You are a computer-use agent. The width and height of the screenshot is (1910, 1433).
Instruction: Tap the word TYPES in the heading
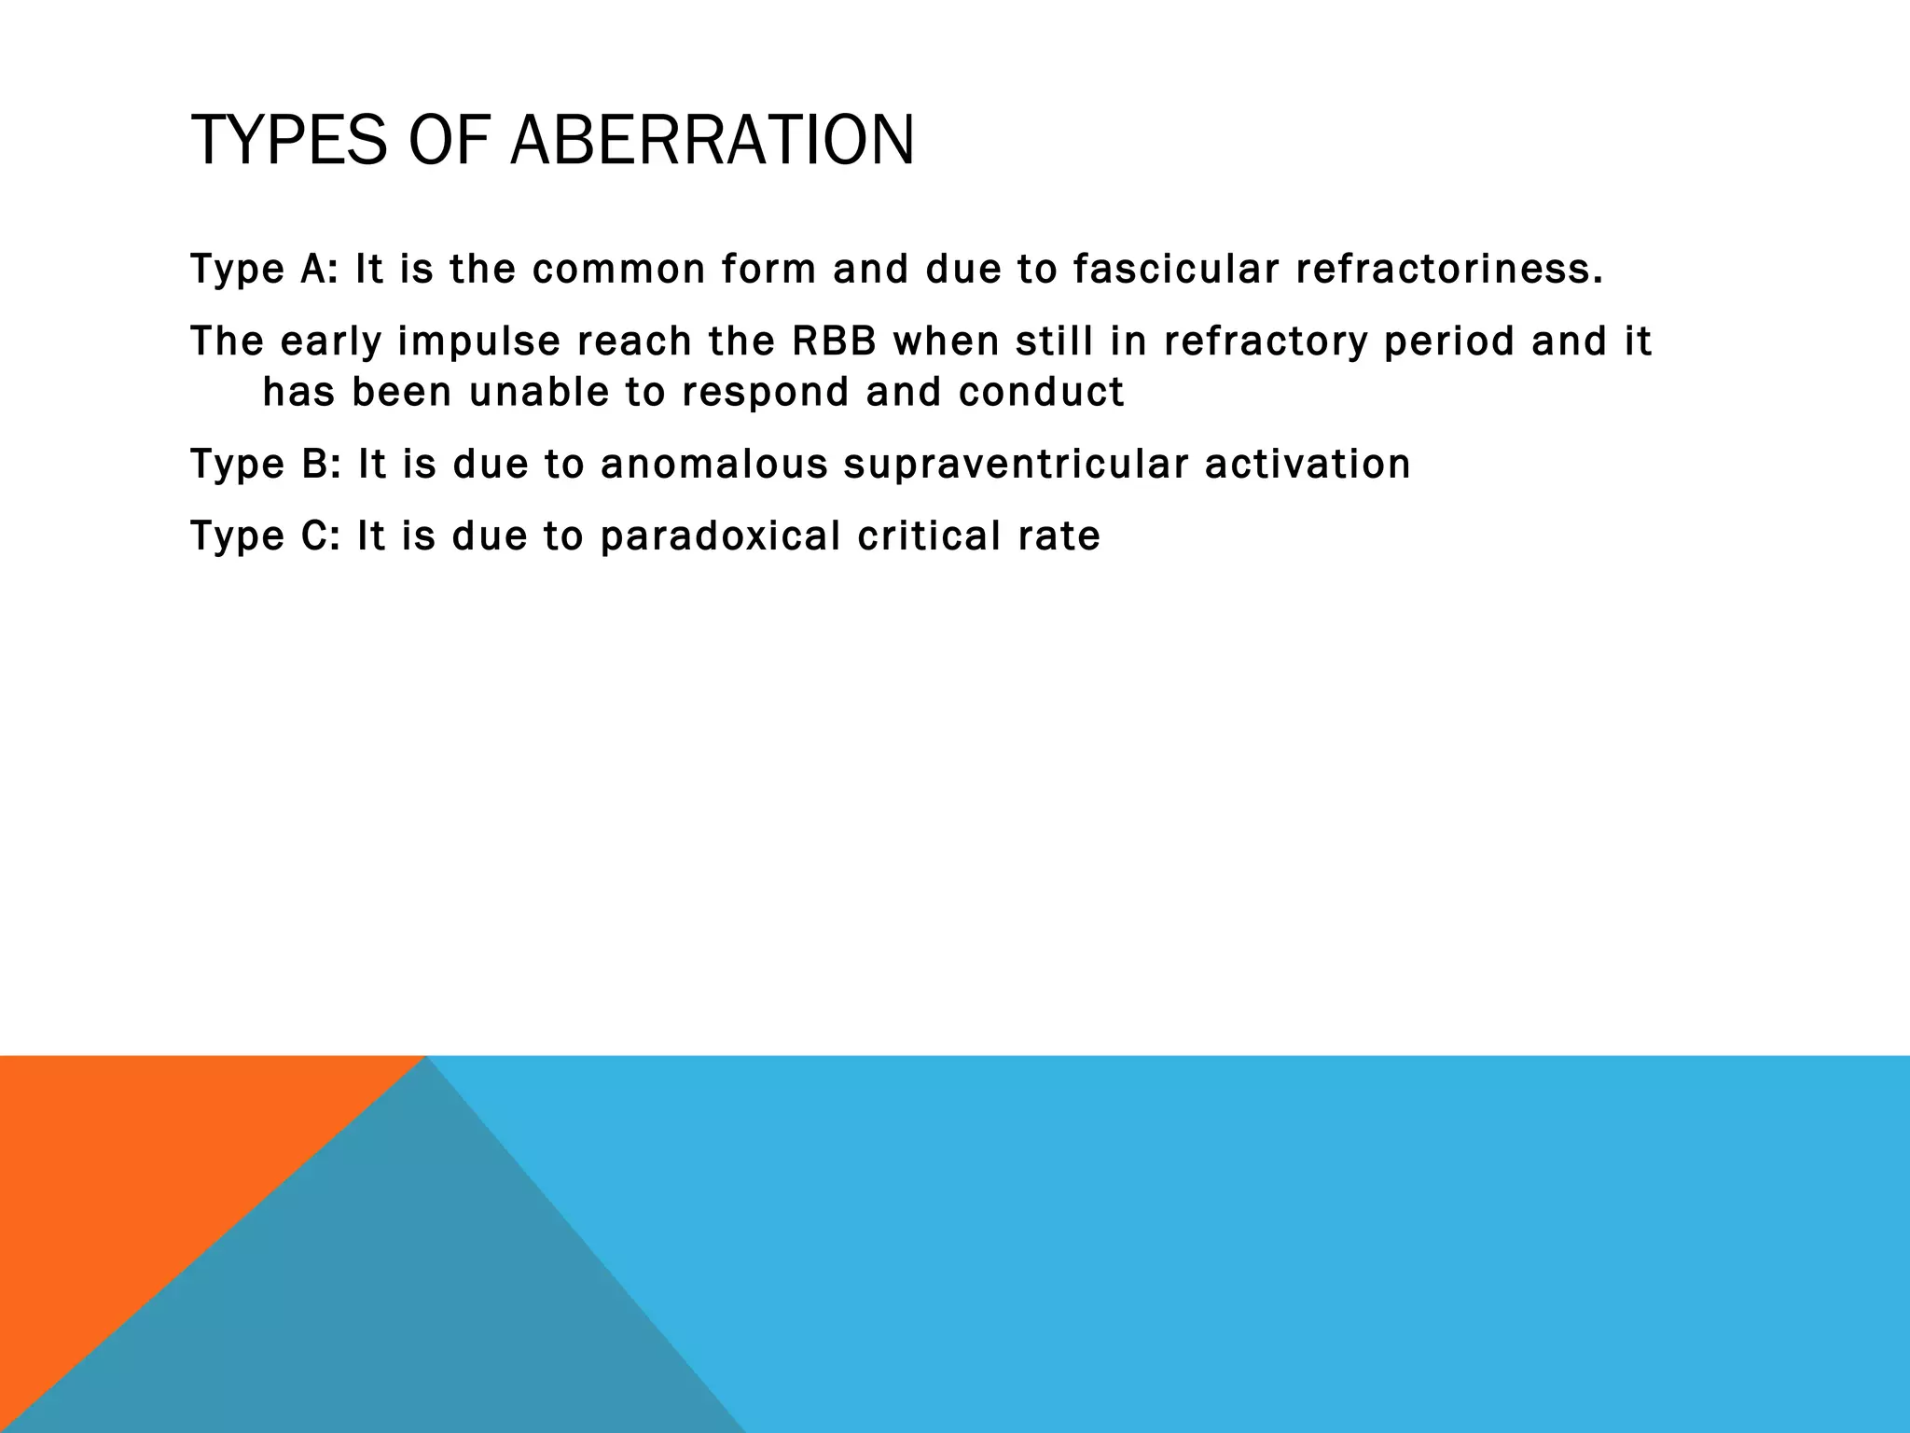pos(287,140)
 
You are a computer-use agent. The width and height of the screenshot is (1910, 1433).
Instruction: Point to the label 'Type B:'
pos(266,465)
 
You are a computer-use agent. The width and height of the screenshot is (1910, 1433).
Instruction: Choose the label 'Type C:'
pos(265,536)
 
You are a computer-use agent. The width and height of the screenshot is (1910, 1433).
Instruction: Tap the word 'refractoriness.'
pos(1449,270)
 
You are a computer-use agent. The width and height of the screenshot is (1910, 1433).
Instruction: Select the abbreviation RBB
pos(834,341)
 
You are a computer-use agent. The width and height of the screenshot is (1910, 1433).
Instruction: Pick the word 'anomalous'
pos(713,465)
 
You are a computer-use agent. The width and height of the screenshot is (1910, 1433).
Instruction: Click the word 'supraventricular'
pos(1016,465)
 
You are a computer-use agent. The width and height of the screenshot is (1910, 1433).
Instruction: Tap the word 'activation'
pos(1307,465)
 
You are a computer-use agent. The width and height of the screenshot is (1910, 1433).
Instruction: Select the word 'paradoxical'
pos(720,536)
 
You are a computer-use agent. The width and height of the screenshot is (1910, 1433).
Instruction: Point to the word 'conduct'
pos(1041,393)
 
